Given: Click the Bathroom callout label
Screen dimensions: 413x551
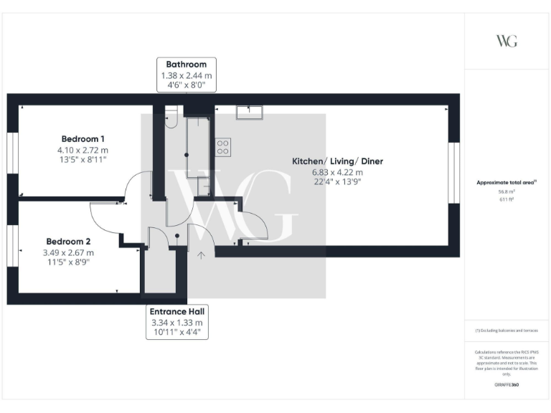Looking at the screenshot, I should pos(187,65).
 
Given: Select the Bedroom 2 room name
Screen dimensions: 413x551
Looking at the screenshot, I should pos(68,242).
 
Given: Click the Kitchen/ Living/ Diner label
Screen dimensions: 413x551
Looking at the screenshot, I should pos(337,161).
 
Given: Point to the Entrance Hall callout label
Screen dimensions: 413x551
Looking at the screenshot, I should pos(176,311).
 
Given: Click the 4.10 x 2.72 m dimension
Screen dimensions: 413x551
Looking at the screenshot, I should pos(83,150).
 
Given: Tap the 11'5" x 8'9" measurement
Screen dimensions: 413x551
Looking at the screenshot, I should pos(68,262).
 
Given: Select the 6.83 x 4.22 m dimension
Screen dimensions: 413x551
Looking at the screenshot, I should pos(337,172).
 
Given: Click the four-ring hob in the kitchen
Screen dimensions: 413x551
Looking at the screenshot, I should pos(223,147).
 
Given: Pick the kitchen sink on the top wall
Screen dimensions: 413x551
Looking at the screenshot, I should pos(250,113).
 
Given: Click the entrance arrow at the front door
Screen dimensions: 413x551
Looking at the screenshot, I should pos(202,255).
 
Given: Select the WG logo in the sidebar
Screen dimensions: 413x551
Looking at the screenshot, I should pos(507,41).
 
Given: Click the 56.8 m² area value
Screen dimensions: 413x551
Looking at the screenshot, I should pos(507,191).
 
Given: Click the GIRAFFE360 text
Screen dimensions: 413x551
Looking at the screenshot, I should pos(507,385).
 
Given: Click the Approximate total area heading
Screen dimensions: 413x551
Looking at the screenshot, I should pos(507,183).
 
